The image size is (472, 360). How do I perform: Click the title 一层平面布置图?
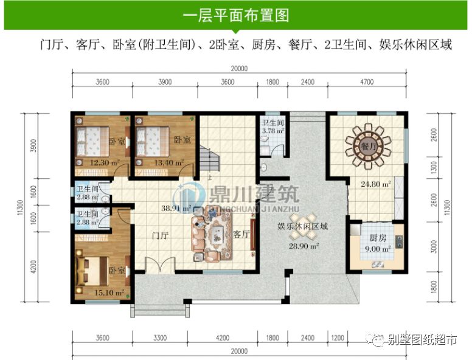(x=235, y=15)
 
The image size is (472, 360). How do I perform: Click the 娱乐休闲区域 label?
(x=302, y=226)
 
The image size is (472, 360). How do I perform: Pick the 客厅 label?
(x=242, y=234)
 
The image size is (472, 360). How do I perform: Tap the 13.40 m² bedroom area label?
(x=158, y=162)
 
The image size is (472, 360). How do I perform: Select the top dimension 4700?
(x=366, y=83)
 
